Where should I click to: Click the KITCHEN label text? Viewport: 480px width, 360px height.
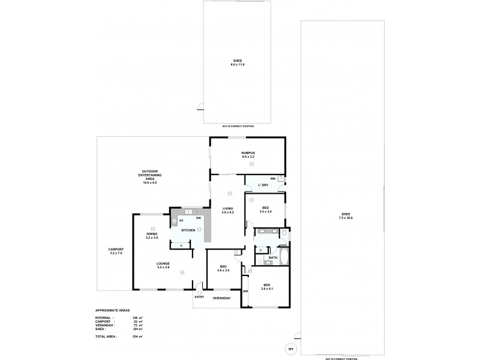coord(188,230)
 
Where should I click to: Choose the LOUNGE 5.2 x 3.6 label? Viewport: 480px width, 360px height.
coord(163,265)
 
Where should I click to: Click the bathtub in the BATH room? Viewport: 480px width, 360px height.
coord(284,258)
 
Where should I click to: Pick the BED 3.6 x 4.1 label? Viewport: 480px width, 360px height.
coord(265,287)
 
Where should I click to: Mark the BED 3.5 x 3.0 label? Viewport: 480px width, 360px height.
coord(265,209)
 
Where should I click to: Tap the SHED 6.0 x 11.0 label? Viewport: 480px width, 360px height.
coord(238,62)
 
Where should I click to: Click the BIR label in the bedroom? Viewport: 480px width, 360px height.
coord(245,291)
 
